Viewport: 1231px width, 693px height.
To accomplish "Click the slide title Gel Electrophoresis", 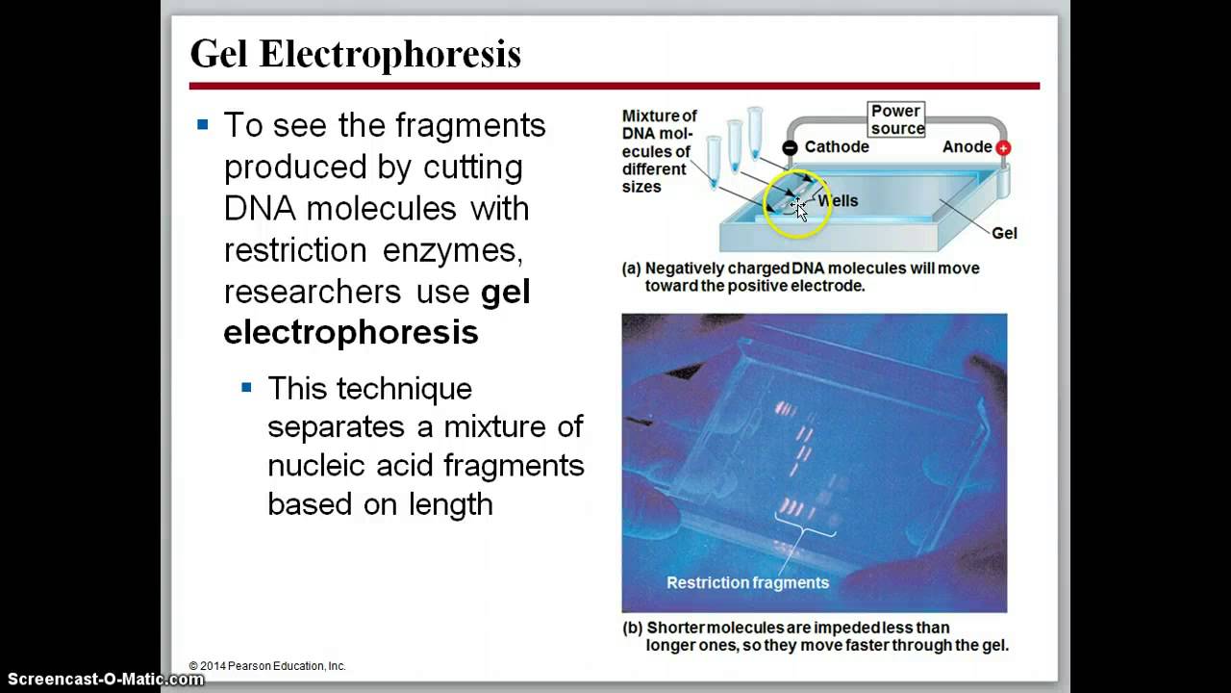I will [355, 54].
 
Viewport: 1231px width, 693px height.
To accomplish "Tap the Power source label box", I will [896, 119].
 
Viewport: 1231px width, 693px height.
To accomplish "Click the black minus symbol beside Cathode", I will [790, 148].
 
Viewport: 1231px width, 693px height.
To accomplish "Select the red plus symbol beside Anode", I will [1003, 148].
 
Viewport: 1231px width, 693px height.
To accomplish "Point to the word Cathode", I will [837, 147].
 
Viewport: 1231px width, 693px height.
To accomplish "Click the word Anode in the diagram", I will [967, 147].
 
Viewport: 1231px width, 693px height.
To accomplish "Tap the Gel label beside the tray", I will [1004, 233].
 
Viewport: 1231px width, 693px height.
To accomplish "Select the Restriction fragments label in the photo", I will [747, 582].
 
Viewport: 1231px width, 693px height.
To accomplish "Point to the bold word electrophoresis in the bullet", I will [351, 332].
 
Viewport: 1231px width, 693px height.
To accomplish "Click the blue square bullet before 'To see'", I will [202, 124].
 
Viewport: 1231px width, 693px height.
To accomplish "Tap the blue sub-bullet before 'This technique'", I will [246, 387].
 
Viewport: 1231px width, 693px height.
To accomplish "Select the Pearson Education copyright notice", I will [267, 666].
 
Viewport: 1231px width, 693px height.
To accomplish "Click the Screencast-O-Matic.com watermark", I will [102, 680].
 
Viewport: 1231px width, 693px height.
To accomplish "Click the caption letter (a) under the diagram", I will [632, 269].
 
